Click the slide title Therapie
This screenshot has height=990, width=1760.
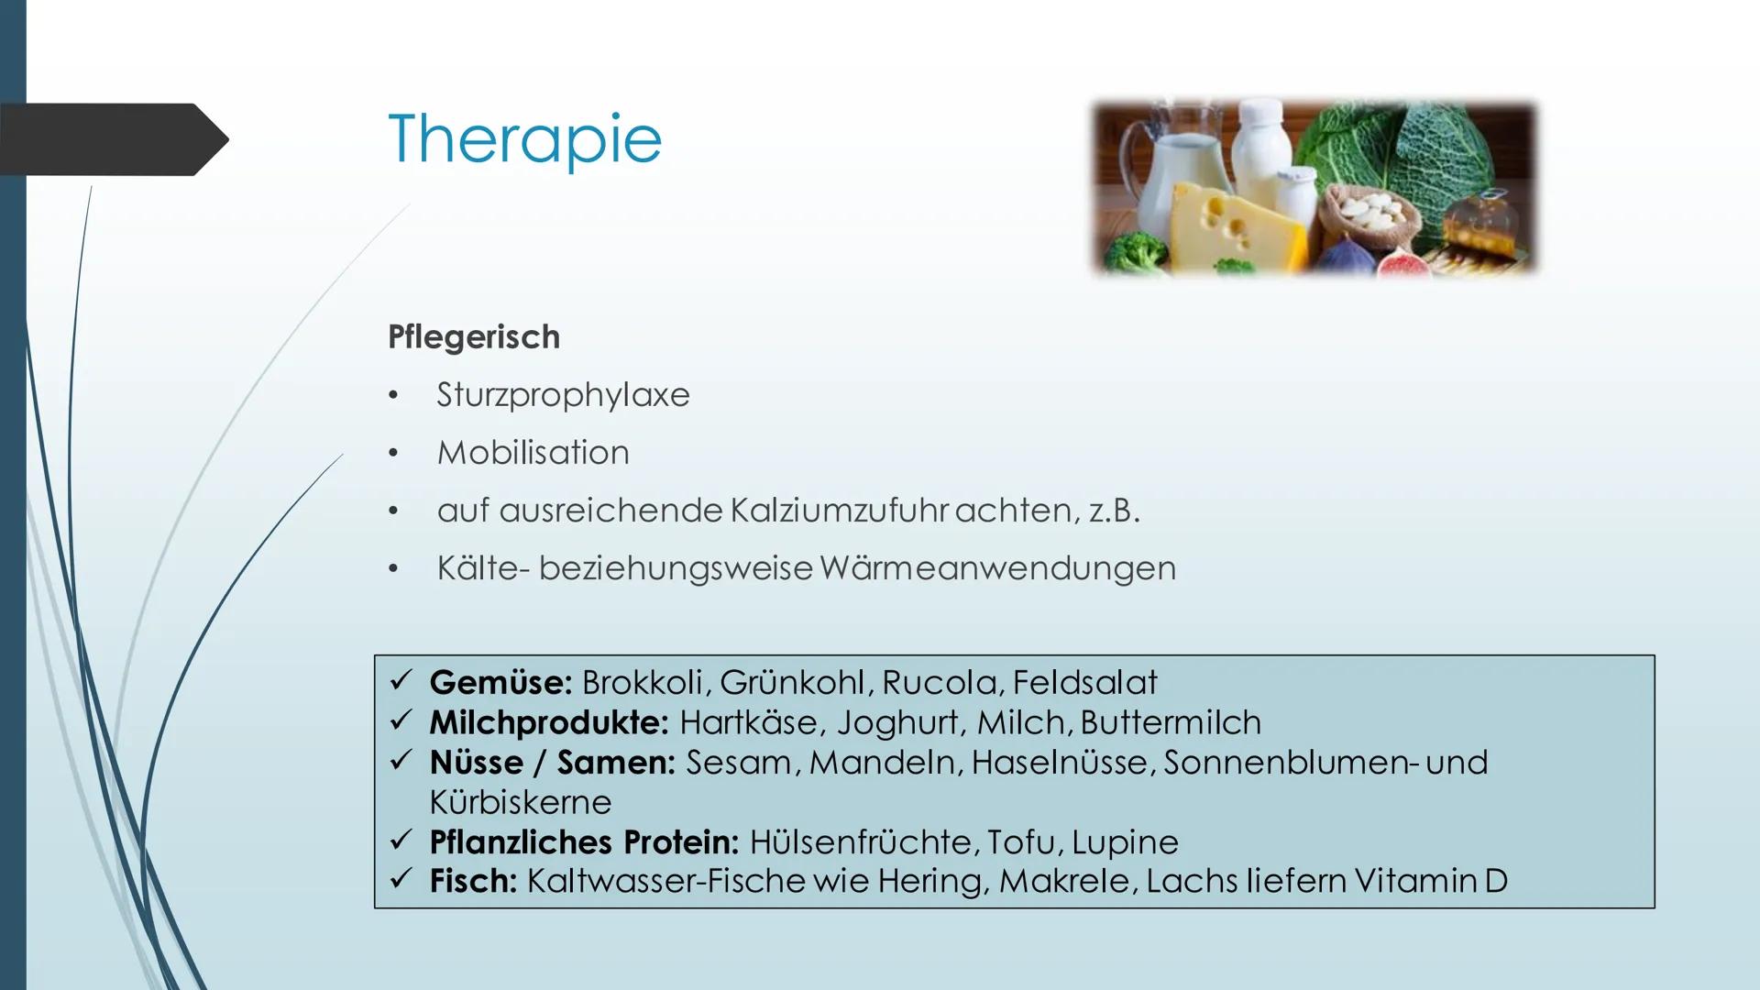point(524,140)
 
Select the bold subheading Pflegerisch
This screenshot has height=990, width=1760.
point(474,337)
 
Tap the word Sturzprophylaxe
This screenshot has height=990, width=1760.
point(563,395)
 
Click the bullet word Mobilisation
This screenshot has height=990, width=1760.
point(533,453)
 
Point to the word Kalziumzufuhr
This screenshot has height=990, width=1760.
point(838,511)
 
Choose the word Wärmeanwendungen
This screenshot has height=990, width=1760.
point(997,568)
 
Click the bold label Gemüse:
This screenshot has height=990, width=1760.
point(500,682)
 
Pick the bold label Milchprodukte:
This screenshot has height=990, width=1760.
point(549,723)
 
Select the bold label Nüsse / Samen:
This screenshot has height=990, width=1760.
point(552,763)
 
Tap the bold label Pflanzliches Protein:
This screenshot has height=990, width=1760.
point(584,841)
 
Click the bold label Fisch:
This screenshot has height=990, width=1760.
point(473,881)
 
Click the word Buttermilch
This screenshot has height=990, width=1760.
point(1171,723)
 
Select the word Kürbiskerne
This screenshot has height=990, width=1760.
point(520,803)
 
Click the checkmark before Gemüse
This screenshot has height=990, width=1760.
point(401,681)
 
